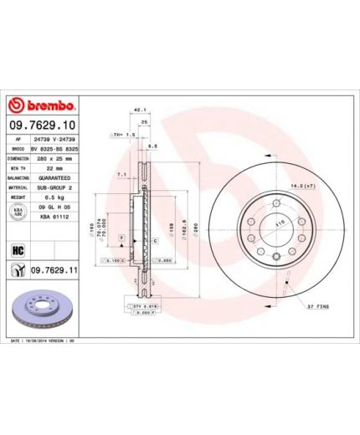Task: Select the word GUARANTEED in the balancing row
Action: coord(54,178)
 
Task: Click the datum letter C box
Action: coord(156,240)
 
